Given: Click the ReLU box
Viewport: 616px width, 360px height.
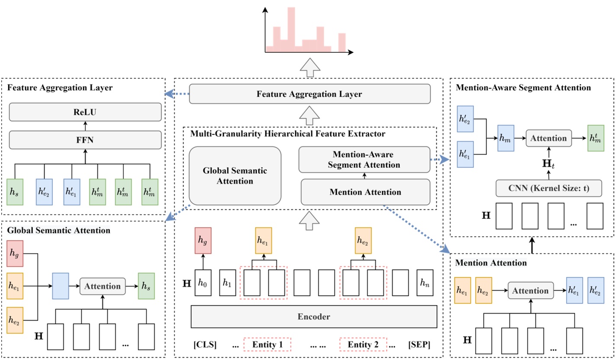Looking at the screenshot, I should click(85, 112).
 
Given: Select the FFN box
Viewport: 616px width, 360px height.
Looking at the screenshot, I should click(85, 140).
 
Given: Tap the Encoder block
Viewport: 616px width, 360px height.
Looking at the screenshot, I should click(314, 317).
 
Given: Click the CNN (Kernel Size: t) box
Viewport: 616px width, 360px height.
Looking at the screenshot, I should click(549, 188).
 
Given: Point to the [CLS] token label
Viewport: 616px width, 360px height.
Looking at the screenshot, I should click(205, 345).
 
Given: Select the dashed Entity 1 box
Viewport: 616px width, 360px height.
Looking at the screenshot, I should click(267, 345).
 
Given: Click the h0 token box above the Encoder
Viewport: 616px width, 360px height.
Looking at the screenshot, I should click(203, 283).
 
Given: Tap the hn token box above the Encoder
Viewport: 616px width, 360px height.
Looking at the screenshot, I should click(425, 283).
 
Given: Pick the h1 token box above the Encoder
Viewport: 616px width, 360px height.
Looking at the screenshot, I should click(227, 283).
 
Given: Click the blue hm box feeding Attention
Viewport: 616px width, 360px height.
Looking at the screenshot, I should click(506, 138).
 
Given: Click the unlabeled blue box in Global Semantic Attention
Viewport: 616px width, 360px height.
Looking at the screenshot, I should click(60, 286).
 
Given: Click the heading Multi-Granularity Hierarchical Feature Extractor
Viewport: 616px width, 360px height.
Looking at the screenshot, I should click(287, 134).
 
